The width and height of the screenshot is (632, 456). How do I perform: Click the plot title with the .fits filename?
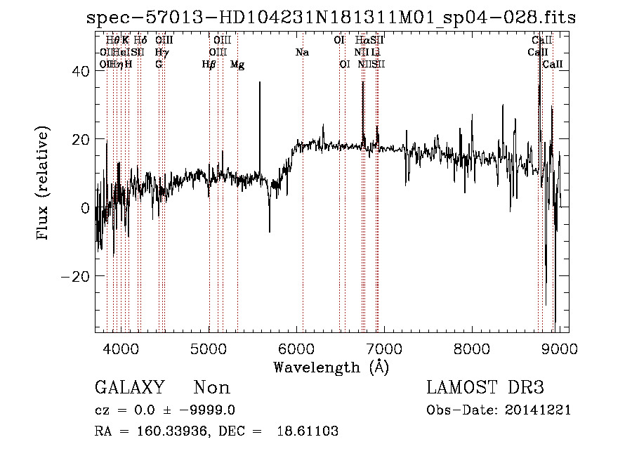[x=330, y=18]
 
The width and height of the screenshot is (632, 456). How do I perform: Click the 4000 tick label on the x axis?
[x=121, y=348]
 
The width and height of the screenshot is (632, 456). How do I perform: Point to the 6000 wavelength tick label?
[x=297, y=348]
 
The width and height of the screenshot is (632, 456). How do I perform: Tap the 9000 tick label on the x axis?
[x=560, y=348]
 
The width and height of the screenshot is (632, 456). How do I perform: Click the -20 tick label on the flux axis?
[x=75, y=276]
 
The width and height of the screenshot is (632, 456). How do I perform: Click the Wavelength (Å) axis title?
[x=331, y=367]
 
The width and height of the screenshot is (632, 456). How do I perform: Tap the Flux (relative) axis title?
[x=44, y=184]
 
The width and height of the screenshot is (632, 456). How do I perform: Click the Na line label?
[x=303, y=52]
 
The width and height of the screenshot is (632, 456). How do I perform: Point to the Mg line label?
[x=237, y=65]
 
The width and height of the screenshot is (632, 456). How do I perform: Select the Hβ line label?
[x=209, y=65]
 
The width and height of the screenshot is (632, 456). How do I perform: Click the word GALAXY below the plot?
[x=130, y=388]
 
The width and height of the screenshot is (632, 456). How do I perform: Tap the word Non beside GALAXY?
[x=211, y=388]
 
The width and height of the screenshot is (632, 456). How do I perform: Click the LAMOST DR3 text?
[x=485, y=388]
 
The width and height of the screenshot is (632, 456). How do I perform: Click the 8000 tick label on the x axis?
[x=472, y=348]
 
